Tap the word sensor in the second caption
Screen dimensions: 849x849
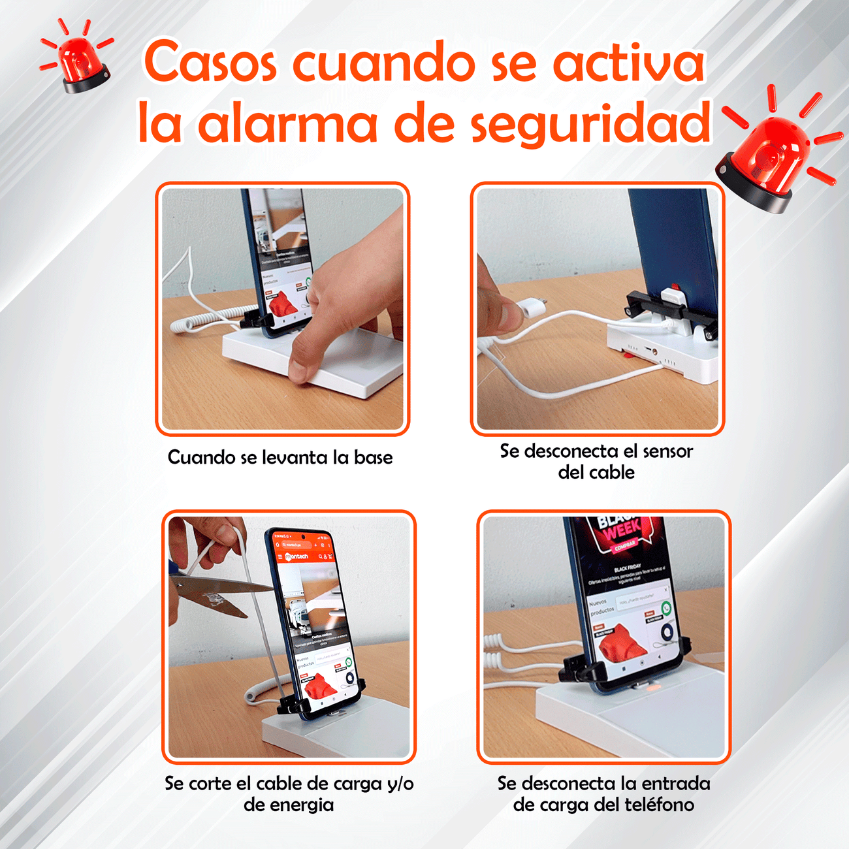point(667,451)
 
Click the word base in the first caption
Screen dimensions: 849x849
point(374,457)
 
